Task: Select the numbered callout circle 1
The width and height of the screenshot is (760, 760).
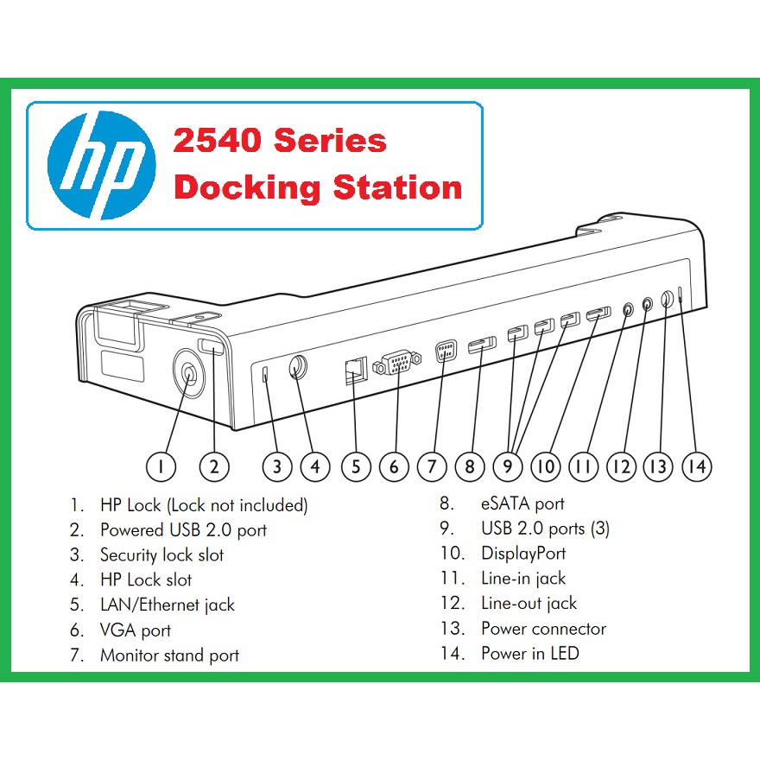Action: coord(161,466)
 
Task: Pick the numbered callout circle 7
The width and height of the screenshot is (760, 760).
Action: coord(432,466)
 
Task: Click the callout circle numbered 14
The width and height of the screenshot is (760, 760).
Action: coord(696,466)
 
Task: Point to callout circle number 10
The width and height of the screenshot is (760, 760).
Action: coord(546,466)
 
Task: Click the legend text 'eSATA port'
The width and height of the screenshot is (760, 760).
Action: coord(522,503)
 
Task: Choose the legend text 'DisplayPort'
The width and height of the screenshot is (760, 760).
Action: coord(523,554)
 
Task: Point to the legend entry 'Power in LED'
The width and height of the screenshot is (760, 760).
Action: coord(529,654)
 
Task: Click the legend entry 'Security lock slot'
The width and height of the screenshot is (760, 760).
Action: coord(161,555)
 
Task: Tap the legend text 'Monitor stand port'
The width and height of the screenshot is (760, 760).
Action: coord(169,655)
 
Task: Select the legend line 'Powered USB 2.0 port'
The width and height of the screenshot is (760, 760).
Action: coord(183,530)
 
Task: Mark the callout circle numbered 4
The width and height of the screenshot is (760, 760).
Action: coord(315,466)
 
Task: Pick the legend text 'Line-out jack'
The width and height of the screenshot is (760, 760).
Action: coord(529,604)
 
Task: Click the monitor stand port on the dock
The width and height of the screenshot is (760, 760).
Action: coord(444,351)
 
